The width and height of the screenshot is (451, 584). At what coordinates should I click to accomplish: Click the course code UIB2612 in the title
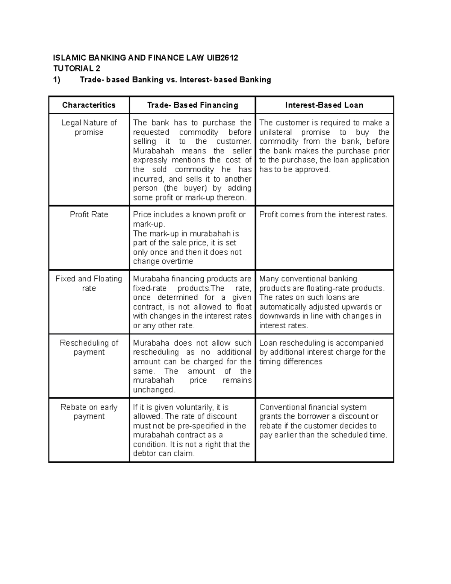pyautogui.click(x=222, y=58)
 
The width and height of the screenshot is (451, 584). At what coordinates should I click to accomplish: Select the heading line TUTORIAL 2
pyautogui.click(x=76, y=68)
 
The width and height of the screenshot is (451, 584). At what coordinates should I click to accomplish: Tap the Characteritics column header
pyautogui.click(x=89, y=105)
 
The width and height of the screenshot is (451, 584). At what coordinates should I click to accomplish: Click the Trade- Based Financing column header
pyautogui.click(x=192, y=105)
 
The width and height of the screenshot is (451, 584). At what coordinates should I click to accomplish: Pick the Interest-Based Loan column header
pyautogui.click(x=324, y=105)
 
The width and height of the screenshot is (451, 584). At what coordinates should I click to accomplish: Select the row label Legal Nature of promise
pyautogui.click(x=89, y=127)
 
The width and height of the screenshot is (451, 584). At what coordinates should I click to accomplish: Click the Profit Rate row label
pyautogui.click(x=89, y=215)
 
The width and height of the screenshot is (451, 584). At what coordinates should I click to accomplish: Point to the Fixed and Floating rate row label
pyautogui.click(x=89, y=284)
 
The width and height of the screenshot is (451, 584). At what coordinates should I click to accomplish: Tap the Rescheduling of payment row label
pyautogui.click(x=89, y=347)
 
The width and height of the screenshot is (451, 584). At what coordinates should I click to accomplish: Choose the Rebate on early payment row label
pyautogui.click(x=89, y=412)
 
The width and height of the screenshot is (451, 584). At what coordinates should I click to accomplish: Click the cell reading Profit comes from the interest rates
pyautogui.click(x=323, y=215)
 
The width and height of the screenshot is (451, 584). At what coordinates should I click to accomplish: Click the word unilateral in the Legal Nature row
pyautogui.click(x=276, y=132)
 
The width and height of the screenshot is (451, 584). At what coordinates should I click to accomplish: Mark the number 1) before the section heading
pyautogui.click(x=56, y=80)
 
